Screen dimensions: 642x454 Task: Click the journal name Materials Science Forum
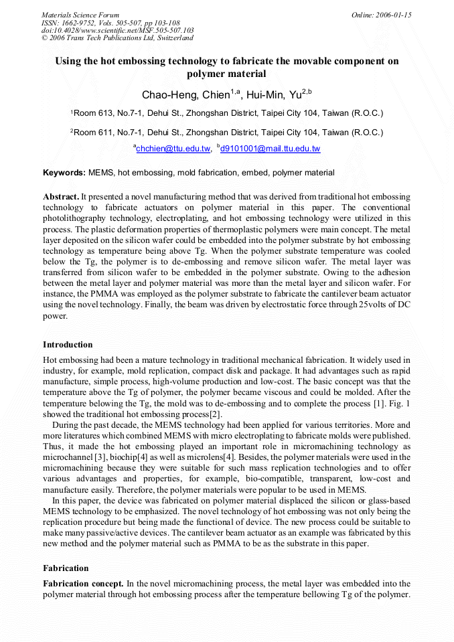pos(80,15)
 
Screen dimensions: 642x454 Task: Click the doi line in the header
pos(117,30)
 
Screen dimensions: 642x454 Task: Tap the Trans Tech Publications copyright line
pos(117,37)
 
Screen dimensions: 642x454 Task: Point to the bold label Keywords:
pos(64,173)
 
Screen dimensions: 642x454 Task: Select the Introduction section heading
pos(68,345)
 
